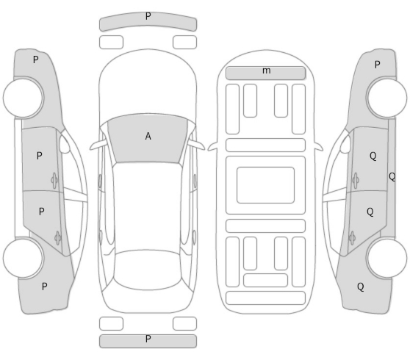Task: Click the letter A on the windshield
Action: pos(148,136)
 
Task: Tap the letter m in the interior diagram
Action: pos(266,71)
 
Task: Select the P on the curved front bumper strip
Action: pos(148,16)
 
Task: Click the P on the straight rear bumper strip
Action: pos(148,339)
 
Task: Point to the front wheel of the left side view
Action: pos(24,98)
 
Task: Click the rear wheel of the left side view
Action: pos(24,258)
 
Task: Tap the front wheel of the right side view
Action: pos(386,97)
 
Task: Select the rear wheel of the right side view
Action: pos(386,258)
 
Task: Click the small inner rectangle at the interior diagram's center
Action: pos(265,185)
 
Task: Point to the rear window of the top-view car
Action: pos(148,270)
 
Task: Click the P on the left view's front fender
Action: pos(36,60)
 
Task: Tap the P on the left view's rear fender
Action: pos(44,287)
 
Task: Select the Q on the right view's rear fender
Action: pos(361,287)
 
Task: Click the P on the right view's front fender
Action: pos(377,65)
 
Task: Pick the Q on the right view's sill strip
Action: pos(392,177)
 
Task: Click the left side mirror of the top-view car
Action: pos(98,145)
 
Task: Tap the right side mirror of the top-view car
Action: pos(197,145)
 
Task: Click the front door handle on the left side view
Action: pos(54,180)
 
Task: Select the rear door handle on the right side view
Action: pos(352,238)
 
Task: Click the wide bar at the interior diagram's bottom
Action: pos(265,298)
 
